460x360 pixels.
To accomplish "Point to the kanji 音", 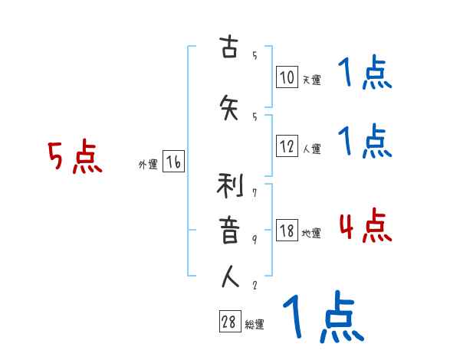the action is point(229,231).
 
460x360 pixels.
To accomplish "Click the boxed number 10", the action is point(287,77).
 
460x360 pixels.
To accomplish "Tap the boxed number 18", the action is point(287,231).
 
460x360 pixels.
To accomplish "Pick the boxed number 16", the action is point(174,162).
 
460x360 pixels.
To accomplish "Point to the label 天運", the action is point(311,79).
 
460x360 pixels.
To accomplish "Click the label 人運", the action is point(311,149).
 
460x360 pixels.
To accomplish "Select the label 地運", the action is point(311,233).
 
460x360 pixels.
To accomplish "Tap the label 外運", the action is point(147,163).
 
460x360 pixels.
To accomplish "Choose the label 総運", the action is point(255,324).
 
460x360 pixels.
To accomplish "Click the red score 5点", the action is point(74,158).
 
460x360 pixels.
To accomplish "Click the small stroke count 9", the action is point(254,240).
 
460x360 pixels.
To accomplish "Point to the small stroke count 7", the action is point(254,195).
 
